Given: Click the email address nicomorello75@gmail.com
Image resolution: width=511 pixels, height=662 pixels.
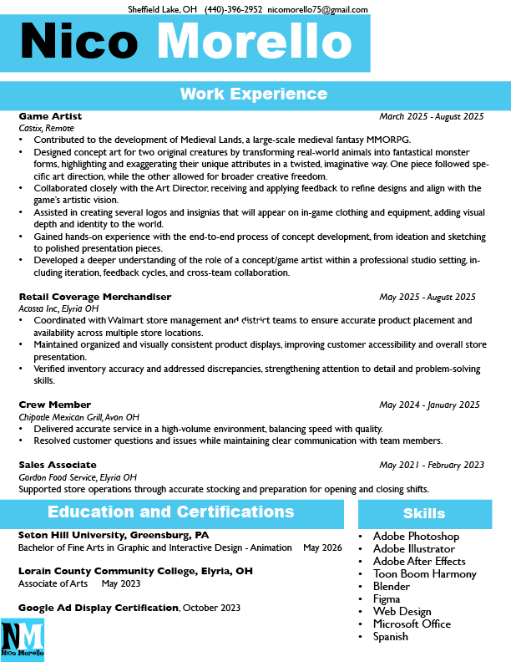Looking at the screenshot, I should (x=317, y=9).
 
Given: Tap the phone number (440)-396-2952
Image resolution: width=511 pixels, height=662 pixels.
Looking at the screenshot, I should (x=234, y=9).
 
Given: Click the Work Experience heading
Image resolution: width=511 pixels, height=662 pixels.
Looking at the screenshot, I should (x=254, y=94).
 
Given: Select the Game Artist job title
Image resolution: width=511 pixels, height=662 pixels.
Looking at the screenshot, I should (x=50, y=116).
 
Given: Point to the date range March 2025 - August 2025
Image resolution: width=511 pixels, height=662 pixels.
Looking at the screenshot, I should (x=431, y=116).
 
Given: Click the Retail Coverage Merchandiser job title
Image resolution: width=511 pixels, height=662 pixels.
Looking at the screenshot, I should (x=94, y=297).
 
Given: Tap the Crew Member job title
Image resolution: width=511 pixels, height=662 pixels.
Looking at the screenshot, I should (x=54, y=405).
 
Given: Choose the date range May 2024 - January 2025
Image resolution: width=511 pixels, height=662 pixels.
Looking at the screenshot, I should (x=429, y=405).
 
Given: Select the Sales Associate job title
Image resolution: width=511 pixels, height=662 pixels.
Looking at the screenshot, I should (x=58, y=465).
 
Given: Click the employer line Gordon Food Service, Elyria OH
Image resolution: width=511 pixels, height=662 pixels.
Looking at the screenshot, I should (x=77, y=476).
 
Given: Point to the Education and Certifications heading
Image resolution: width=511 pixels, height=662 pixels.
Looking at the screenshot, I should (x=170, y=512).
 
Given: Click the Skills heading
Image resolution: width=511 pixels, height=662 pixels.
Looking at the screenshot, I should (x=424, y=513).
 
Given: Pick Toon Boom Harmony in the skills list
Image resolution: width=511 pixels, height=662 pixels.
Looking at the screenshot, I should (x=424, y=574).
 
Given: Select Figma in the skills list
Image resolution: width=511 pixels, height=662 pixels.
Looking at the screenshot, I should (x=387, y=599).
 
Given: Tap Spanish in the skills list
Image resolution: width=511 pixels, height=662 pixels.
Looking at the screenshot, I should (x=390, y=637).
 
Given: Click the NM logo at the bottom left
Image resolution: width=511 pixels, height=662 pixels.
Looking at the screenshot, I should (x=22, y=640).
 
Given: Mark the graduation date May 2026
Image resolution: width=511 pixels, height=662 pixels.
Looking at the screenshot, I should (x=322, y=547).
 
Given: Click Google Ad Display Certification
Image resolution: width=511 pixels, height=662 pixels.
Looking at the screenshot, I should (x=99, y=608).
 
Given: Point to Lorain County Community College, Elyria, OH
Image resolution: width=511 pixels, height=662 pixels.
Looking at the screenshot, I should (x=135, y=572).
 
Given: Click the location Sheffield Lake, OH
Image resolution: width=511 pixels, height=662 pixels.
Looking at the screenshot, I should (x=162, y=9).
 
